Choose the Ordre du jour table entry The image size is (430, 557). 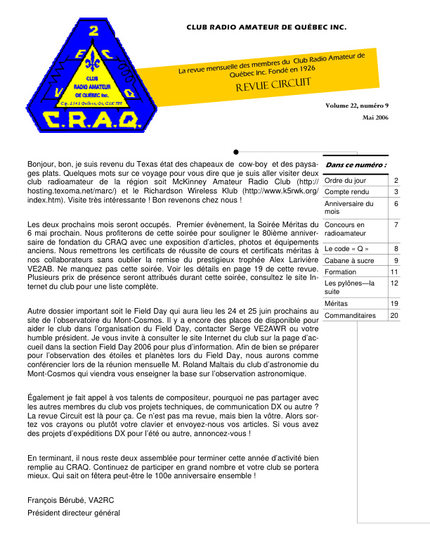tap(344, 181)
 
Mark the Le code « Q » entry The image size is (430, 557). tap(346, 248)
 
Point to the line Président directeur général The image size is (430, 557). tap(74, 513)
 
